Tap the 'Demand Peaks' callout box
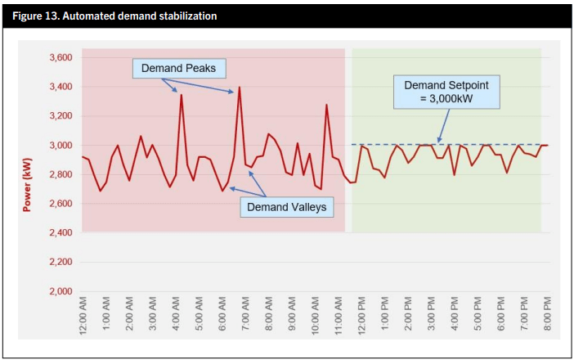coord(178,68)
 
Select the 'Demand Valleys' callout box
coord(286,207)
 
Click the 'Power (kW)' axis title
coord(27,174)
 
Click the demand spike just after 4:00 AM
coord(181,95)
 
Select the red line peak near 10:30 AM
coord(326,105)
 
